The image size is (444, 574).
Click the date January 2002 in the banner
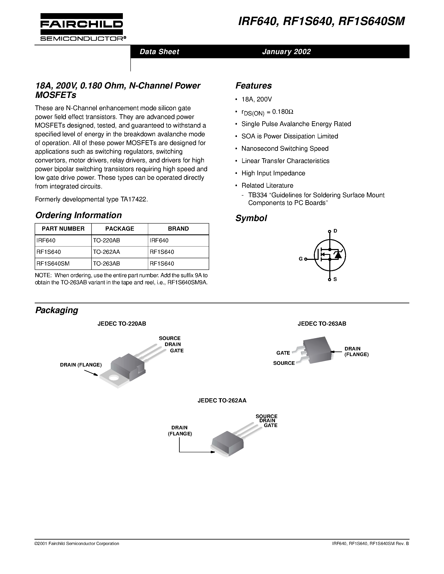286,52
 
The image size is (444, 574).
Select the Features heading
254,86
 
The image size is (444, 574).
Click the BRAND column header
178,229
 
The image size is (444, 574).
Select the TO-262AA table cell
107,252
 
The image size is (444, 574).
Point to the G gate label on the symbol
301,259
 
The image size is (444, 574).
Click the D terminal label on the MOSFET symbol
335,231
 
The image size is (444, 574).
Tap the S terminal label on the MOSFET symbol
335,279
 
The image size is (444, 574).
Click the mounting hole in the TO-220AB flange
114,378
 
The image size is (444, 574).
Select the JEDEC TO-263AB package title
322,324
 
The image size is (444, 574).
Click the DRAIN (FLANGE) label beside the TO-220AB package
81,365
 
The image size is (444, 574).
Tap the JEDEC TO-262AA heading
222,401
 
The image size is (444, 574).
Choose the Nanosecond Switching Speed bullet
285,148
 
